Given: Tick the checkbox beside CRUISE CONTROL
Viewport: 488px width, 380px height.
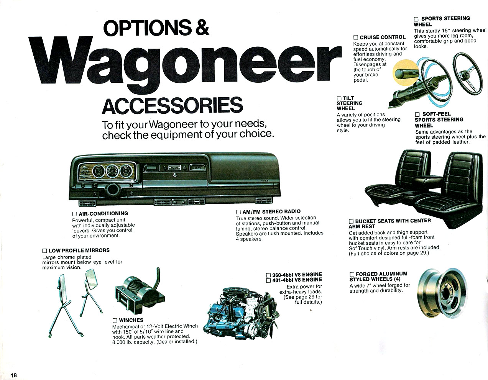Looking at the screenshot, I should click(x=356, y=38).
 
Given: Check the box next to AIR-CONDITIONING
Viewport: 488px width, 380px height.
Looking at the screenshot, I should click(x=74, y=214).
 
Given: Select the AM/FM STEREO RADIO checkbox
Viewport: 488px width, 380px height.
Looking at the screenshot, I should click(x=238, y=212).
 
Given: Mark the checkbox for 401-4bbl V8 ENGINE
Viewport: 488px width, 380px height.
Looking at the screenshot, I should click(x=268, y=280).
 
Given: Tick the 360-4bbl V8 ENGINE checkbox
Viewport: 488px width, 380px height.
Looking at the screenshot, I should click(x=268, y=275).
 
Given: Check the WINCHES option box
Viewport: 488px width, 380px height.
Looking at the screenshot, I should click(x=115, y=320).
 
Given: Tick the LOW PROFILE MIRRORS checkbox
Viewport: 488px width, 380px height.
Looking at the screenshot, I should click(x=44, y=251).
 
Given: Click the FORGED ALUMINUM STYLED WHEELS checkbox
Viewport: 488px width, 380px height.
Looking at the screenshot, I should click(x=352, y=274).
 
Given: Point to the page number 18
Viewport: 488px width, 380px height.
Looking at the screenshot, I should click(x=14, y=375).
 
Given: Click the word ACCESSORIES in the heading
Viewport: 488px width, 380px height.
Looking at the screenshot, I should click(x=173, y=106).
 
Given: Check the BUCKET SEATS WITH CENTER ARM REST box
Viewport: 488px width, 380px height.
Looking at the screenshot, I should click(x=351, y=221).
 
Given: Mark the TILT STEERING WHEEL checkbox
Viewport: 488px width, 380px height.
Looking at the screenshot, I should click(x=339, y=98).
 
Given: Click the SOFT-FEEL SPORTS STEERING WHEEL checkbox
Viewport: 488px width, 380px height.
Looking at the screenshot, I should click(x=417, y=115).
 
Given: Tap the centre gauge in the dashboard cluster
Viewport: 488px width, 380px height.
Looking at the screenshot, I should click(x=112, y=170).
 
